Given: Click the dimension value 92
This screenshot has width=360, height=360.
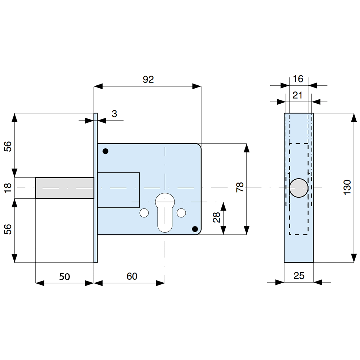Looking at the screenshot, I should click(148, 80).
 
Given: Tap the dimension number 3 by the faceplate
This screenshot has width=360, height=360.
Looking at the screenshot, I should click(114, 114).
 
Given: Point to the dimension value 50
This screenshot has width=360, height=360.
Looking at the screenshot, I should click(64, 276).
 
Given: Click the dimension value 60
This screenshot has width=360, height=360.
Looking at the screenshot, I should click(132, 276).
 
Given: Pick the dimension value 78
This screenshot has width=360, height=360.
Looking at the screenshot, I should click(240, 188).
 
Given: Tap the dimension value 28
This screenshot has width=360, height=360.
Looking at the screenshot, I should click(217, 218).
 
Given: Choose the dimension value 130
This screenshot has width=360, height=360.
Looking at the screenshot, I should click(347, 188).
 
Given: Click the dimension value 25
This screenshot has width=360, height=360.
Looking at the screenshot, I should click(299, 276).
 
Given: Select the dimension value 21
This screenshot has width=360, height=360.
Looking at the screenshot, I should click(298, 95).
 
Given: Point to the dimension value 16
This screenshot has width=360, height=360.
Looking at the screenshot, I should click(298, 79).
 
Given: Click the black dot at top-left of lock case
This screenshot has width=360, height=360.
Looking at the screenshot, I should click(105, 151).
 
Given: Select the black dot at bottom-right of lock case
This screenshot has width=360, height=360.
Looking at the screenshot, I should click(195, 229).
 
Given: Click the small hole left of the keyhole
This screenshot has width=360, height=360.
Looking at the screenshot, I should click(144, 213).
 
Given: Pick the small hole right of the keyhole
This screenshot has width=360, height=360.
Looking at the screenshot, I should click(183, 213).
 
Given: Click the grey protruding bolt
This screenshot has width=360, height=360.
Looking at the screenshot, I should click(64, 188).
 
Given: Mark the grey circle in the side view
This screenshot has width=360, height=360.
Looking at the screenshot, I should click(299, 188).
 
